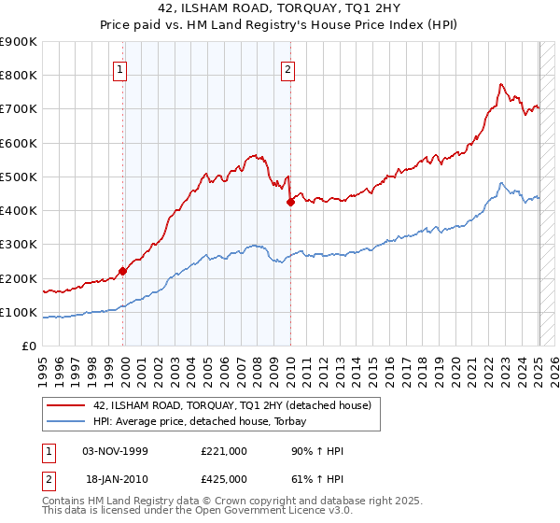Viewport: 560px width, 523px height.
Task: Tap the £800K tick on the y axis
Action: tap(19, 76)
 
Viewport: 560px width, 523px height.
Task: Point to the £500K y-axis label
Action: tap(19, 177)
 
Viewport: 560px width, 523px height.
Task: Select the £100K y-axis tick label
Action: tap(19, 313)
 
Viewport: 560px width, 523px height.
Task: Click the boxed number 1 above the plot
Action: tap(121, 68)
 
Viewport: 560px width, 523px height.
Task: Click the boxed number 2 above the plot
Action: tap(288, 68)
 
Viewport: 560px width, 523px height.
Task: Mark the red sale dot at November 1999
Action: tap(122, 272)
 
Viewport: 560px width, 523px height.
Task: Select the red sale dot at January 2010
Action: tap(290, 202)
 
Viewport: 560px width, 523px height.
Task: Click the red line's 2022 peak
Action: tap(501, 85)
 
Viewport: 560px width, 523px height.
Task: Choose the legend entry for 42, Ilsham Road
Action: tap(231, 405)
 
